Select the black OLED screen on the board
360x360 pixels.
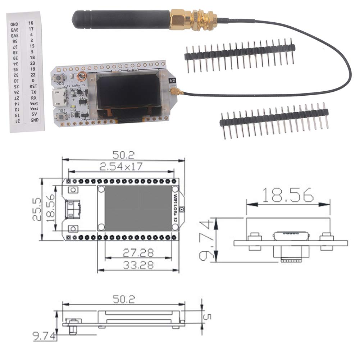[x=128, y=91]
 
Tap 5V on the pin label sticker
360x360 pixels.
[x=34, y=114]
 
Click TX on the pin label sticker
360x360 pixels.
[x=34, y=92]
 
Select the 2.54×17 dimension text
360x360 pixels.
[x=122, y=167]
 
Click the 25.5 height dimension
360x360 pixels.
[x=37, y=209]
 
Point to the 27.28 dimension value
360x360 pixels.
[x=138, y=252]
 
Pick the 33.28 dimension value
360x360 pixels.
[x=138, y=265]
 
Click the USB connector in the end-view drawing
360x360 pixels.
[x=291, y=237]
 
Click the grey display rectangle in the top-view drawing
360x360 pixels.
[x=138, y=208]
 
